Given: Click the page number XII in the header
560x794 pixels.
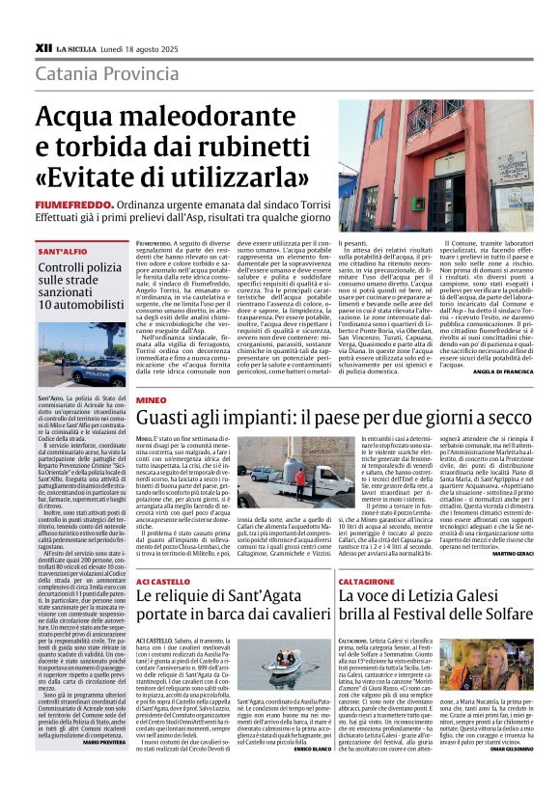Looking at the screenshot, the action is [43, 45].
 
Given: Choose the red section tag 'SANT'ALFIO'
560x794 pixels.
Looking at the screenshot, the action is [65, 252].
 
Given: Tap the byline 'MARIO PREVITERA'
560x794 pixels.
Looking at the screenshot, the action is [100, 770].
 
